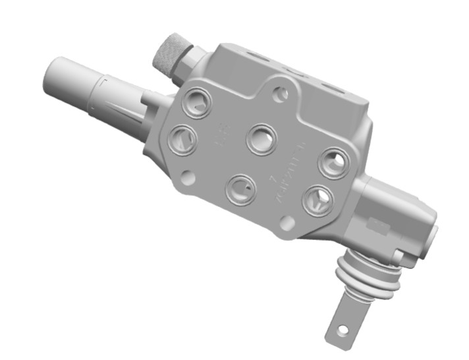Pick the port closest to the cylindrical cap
(181, 139)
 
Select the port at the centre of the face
(261, 139)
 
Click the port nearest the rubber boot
(317, 198)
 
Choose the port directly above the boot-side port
(334, 161)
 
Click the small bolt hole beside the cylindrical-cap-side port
(188, 177)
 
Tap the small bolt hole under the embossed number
(287, 223)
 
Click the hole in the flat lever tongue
(342, 328)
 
